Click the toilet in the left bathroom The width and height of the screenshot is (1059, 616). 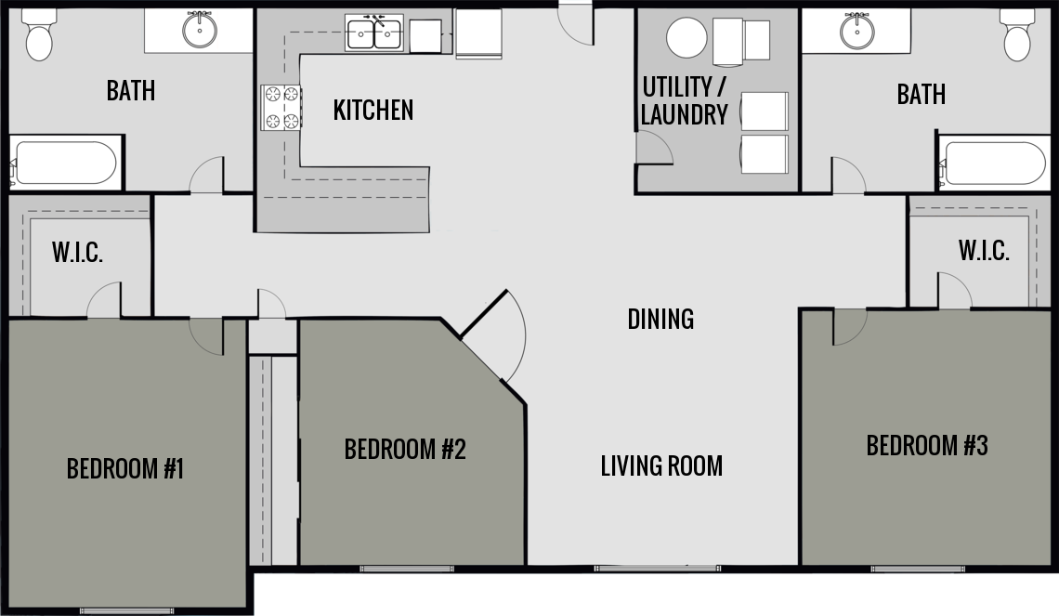coord(39,35)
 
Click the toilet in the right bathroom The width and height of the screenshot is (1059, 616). coord(1018,35)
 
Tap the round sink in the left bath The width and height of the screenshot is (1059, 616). coord(199,31)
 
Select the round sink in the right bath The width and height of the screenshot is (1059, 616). coord(856,31)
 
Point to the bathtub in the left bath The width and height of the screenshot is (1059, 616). coord(65,164)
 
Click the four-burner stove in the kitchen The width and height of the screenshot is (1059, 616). coord(281,107)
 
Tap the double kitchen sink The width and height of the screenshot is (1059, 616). coord(374,33)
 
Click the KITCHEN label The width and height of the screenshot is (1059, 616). coord(373,111)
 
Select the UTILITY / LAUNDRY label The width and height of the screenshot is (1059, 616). coord(684,101)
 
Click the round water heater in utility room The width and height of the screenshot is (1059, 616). coord(686,39)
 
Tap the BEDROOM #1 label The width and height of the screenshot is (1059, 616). coord(125,468)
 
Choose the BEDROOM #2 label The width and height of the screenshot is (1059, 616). coord(404,450)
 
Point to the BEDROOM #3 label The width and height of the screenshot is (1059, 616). coord(926,446)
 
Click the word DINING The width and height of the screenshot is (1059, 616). coord(660,319)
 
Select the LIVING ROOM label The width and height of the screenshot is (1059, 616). coord(661,465)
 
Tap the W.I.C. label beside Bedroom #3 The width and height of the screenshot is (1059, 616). coord(984,251)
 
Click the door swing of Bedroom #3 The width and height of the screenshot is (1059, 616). coord(847,327)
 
